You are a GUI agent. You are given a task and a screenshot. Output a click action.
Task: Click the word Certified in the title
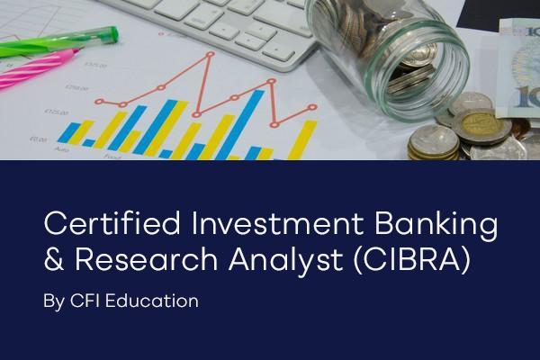pos(98,223)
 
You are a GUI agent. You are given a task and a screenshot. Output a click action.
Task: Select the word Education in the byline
pos(152,301)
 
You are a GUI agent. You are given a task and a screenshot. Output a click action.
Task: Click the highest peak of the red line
pos(211,56)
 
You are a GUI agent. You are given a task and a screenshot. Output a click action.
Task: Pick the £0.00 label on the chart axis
pos(39,139)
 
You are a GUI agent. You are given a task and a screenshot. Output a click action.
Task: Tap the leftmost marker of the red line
pos(99,102)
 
